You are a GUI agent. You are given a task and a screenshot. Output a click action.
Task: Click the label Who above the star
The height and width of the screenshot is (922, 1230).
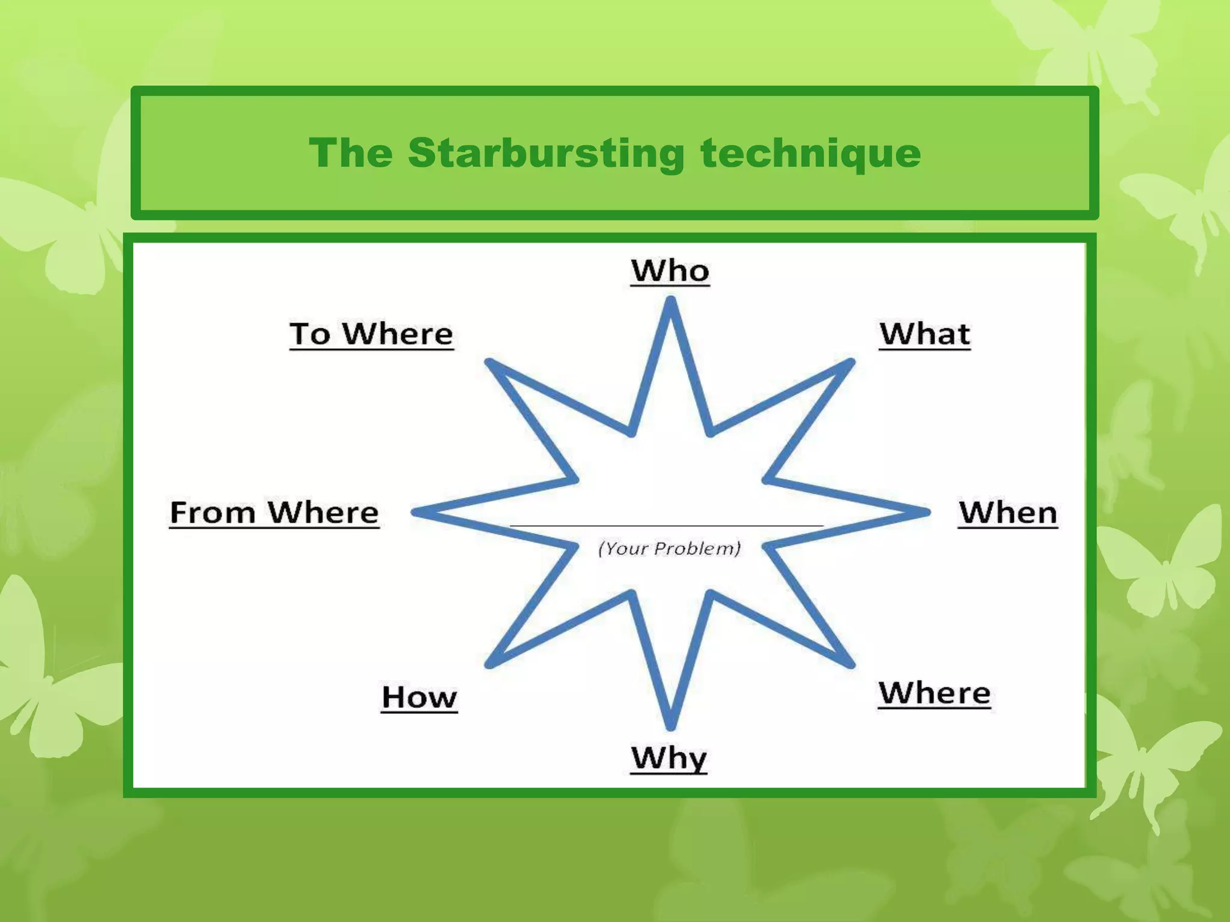click(x=670, y=271)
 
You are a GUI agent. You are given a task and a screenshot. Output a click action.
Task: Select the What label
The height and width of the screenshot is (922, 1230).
click(x=924, y=334)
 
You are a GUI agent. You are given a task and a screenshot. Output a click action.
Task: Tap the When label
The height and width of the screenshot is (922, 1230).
click(x=1008, y=513)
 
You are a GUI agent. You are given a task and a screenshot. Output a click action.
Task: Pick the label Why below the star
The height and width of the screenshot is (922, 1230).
click(x=669, y=758)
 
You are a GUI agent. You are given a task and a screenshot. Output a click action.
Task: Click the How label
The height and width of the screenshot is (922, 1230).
click(x=419, y=698)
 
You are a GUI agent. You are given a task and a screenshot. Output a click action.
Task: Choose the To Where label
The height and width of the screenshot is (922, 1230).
click(x=371, y=334)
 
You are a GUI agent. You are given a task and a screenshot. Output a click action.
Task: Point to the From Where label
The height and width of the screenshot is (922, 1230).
click(x=274, y=513)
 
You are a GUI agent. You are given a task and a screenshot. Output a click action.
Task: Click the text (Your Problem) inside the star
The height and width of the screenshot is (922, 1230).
click(x=669, y=548)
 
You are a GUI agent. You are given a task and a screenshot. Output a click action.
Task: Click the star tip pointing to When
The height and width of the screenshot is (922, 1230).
click(x=925, y=512)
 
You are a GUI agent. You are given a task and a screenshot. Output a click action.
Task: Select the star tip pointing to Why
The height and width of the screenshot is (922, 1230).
click(x=671, y=725)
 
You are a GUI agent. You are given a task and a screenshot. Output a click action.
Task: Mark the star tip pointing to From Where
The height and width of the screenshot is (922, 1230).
click(x=416, y=512)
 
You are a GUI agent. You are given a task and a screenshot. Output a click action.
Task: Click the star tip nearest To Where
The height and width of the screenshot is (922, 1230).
click(x=490, y=363)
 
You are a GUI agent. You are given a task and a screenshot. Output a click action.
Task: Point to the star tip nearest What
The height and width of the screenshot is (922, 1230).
click(x=849, y=363)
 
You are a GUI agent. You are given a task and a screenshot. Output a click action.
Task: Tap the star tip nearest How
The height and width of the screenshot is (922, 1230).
click(x=490, y=663)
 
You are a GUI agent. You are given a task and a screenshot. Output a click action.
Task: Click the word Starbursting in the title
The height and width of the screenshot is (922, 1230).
click(x=546, y=153)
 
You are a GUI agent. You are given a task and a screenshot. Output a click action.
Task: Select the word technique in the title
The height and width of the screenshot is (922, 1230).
click(x=810, y=153)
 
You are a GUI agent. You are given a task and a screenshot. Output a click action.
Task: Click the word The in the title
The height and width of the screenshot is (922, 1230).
click(x=351, y=153)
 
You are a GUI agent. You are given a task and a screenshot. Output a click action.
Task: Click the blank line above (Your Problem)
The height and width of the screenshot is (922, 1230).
click(x=667, y=525)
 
